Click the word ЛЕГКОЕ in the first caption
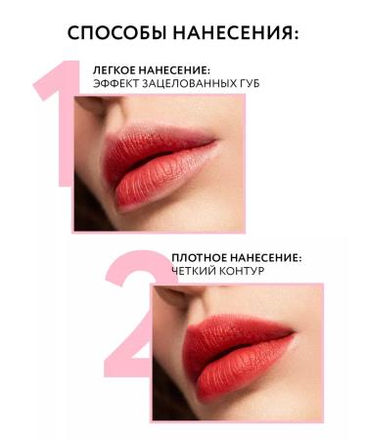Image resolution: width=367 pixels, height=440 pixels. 114,69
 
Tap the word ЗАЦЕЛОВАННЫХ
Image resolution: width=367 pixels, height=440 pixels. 188,84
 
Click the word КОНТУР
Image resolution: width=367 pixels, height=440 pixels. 240,272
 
